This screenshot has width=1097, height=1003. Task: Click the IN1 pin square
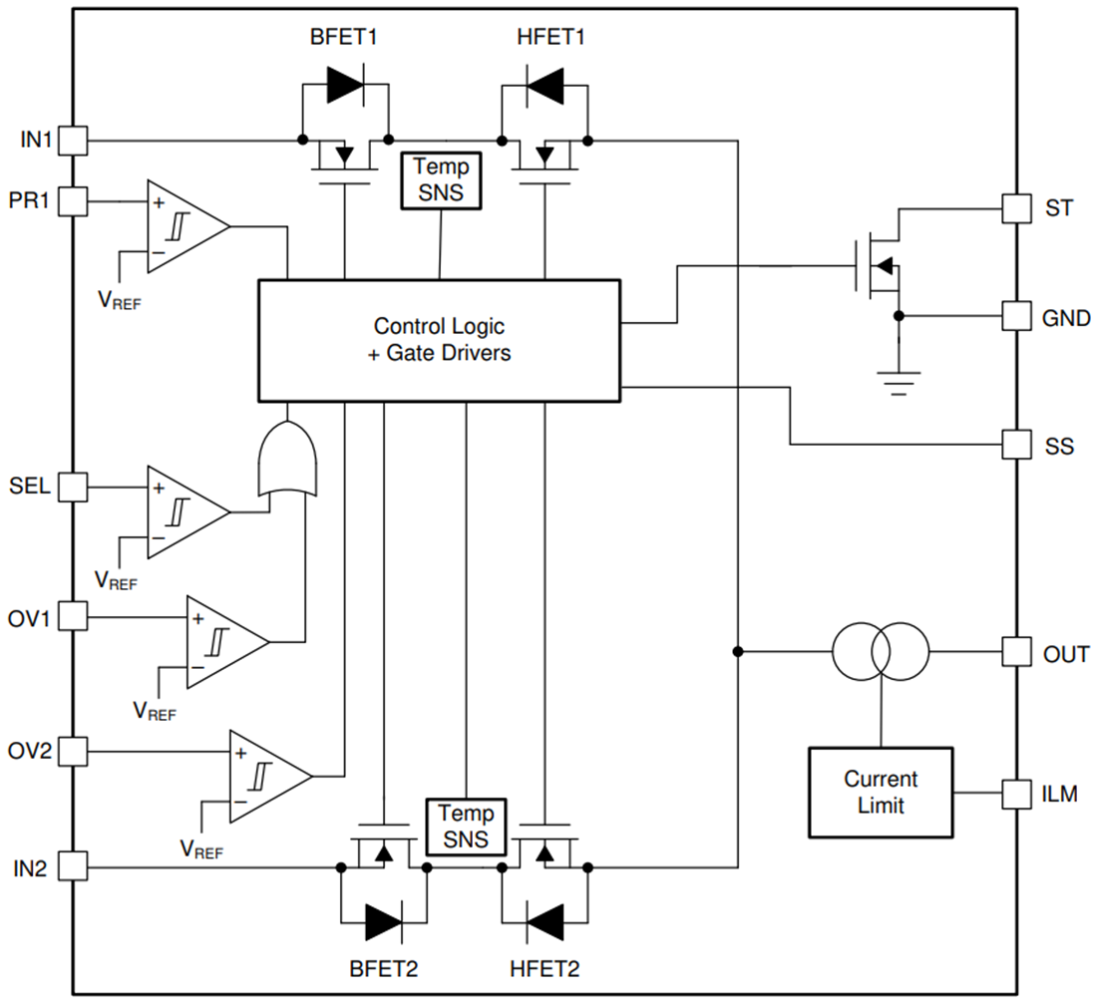click(x=73, y=141)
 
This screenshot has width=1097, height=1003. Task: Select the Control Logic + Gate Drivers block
click(x=440, y=340)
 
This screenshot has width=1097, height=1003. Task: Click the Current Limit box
click(x=880, y=792)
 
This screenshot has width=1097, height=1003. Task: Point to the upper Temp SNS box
click(x=440, y=180)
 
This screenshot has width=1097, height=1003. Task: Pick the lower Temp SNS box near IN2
click(x=466, y=827)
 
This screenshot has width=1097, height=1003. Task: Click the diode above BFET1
click(x=345, y=88)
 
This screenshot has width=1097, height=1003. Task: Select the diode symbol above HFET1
click(x=545, y=88)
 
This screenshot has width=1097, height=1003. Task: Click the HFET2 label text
click(x=545, y=968)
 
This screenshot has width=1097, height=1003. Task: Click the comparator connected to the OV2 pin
click(x=268, y=776)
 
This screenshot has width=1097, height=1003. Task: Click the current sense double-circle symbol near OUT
click(x=880, y=652)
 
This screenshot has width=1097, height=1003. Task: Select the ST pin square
click(x=1016, y=208)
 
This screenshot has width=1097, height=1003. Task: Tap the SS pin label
click(x=1059, y=446)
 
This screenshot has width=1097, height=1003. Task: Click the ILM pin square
click(x=1016, y=794)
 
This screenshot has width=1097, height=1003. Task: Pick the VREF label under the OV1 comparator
click(x=155, y=712)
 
